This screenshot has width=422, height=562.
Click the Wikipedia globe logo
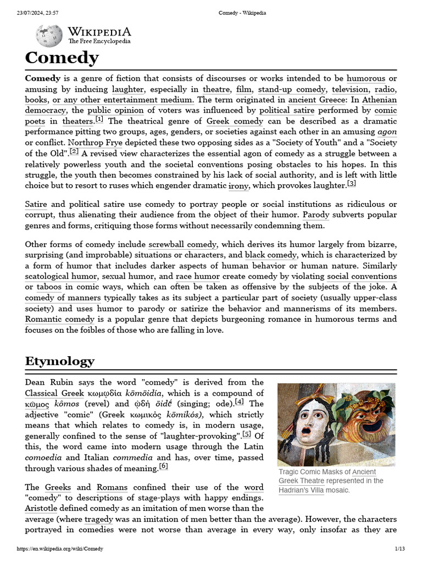pyautogui.click(x=49, y=36)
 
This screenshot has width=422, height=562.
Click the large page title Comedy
pyautogui.click(x=62, y=58)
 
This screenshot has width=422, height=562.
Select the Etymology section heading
pyautogui.click(x=60, y=361)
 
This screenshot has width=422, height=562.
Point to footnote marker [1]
pyautogui.click(x=99, y=120)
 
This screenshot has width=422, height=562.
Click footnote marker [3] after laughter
pyautogui.click(x=352, y=183)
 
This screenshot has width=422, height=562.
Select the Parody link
pyautogui.click(x=316, y=215)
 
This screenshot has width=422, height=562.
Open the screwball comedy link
pyautogui.click(x=182, y=244)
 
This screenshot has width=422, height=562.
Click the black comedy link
pyautogui.click(x=270, y=255)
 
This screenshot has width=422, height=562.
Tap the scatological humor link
pyautogui.click(x=61, y=277)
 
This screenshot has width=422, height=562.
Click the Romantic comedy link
pyautogui.click(x=59, y=319)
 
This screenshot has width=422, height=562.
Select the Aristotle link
pyautogui.click(x=44, y=508)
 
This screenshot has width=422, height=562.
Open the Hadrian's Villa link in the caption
pyautogui.click(x=301, y=490)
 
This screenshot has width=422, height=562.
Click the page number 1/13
pyautogui.click(x=399, y=549)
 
